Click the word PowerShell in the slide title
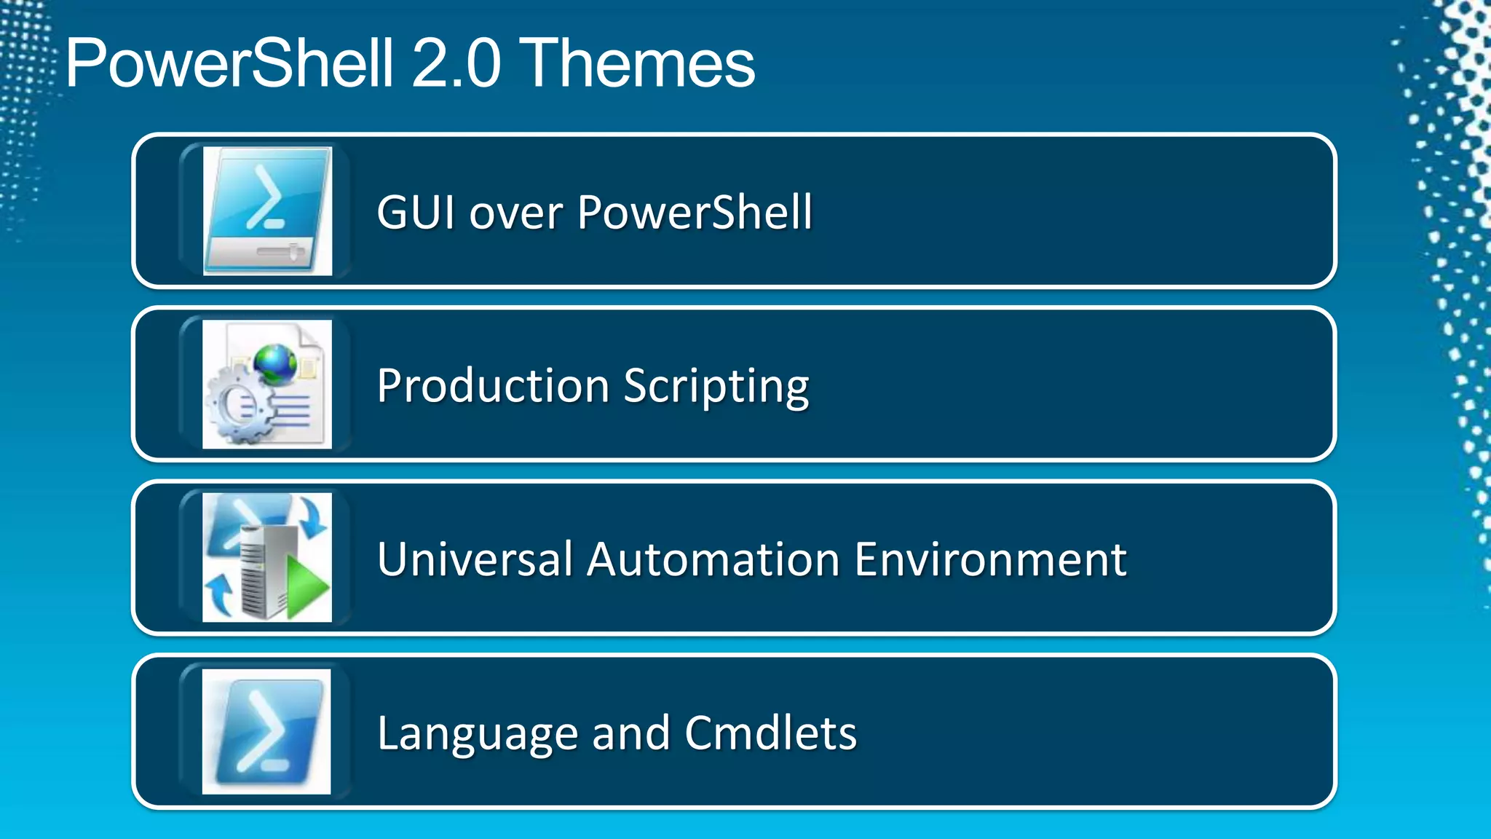230,64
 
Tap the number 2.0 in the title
456,64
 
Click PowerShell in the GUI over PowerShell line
695,213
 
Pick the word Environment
990,559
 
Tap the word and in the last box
630,733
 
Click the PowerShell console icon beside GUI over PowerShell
267,211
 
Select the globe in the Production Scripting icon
275,362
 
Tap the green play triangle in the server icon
306,586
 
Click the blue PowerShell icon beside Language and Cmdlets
266,732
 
